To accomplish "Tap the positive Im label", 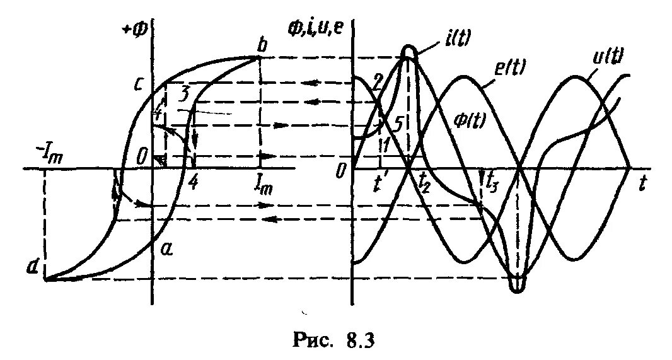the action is (x=264, y=185).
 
